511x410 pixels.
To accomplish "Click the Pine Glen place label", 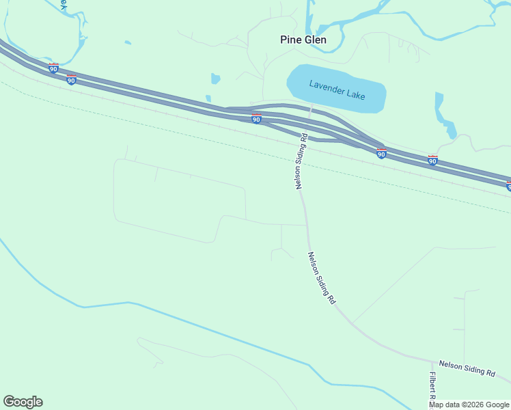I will [x=303, y=40].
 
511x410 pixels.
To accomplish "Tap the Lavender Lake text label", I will [x=337, y=90].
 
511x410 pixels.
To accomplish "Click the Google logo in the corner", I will [x=23, y=402].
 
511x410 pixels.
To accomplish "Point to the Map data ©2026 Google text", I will [x=469, y=405].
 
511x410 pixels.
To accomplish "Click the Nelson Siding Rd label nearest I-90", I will [x=301, y=161].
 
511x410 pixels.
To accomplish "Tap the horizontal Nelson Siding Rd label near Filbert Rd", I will [x=467, y=369].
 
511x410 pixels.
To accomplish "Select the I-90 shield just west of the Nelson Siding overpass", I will [x=256, y=120].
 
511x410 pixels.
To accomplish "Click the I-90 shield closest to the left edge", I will [x=53, y=68].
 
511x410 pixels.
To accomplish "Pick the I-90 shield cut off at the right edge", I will [x=508, y=186].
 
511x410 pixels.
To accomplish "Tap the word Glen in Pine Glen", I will [x=316, y=40].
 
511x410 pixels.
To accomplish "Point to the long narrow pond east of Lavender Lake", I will [x=444, y=116].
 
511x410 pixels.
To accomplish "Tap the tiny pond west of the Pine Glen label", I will [x=216, y=78].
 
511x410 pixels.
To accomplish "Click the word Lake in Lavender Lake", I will [x=355, y=94].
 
